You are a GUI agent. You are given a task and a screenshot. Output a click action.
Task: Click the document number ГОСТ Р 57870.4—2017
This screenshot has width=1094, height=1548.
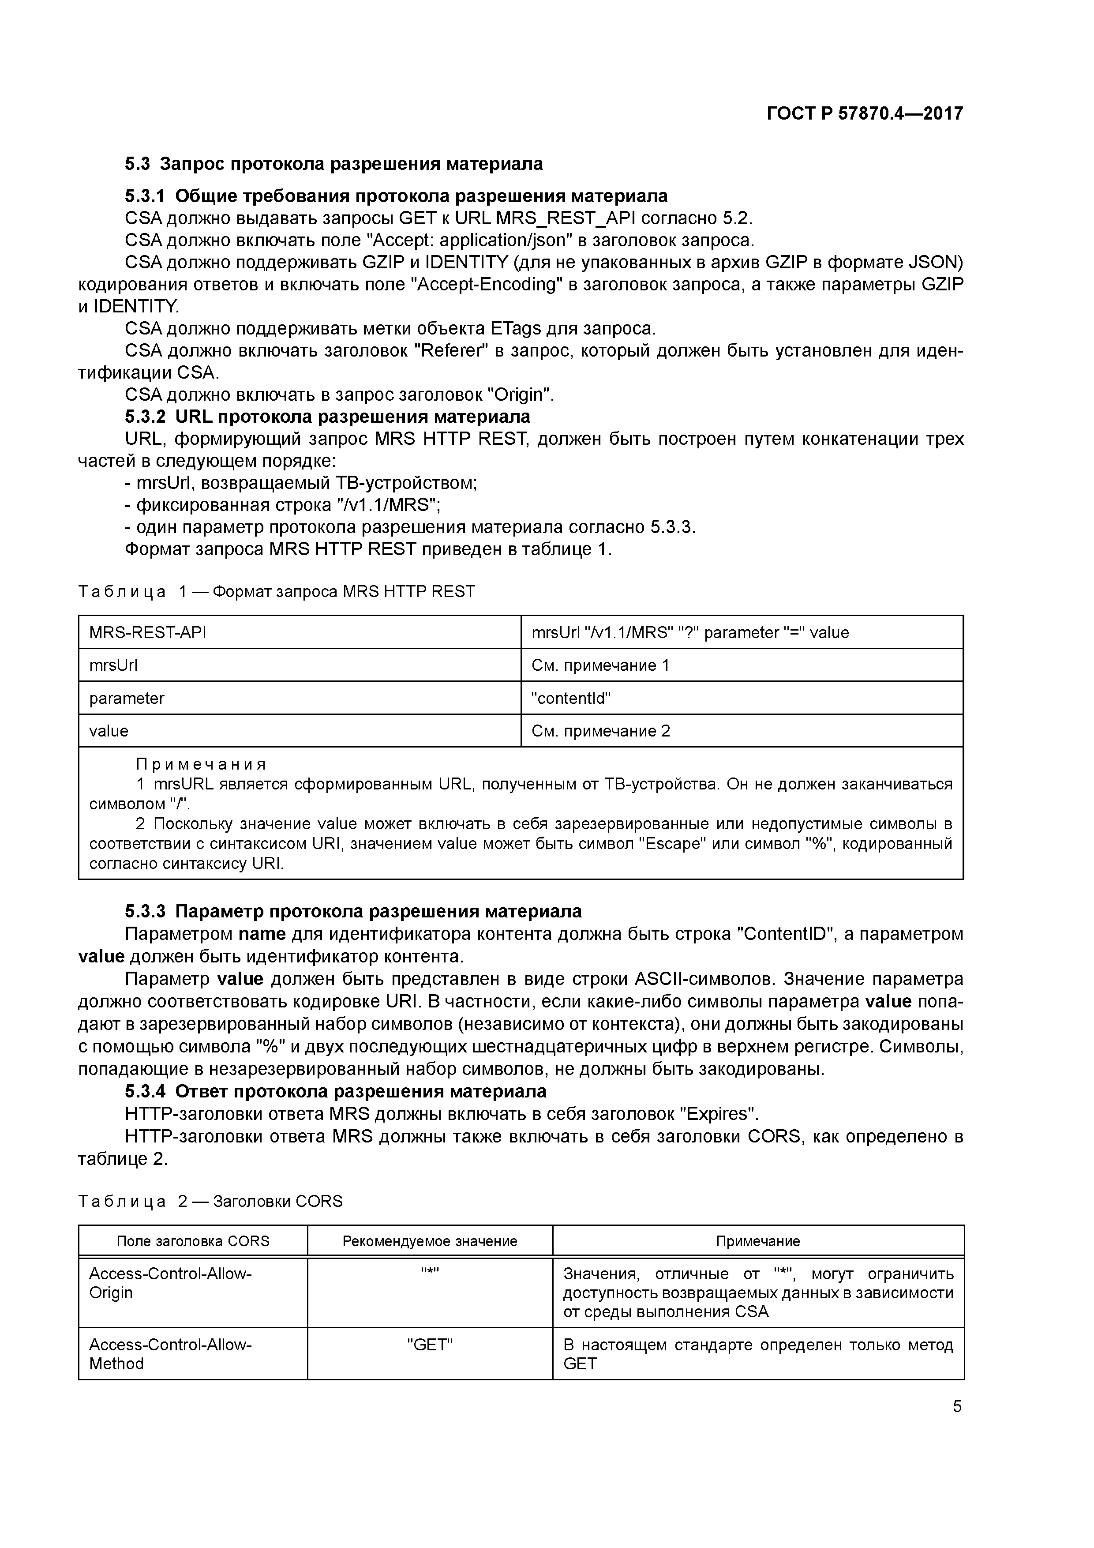865,113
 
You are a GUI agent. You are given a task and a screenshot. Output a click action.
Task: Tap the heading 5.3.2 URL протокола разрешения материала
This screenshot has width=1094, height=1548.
328,416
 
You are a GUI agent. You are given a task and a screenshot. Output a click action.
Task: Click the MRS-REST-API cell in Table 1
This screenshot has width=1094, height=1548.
148,632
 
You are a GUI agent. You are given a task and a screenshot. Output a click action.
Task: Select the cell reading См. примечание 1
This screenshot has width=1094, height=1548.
600,665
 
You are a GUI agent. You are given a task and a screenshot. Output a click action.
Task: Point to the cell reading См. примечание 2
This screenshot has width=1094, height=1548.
600,731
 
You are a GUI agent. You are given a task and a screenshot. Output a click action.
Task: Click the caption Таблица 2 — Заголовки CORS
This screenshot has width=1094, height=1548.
210,1202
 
